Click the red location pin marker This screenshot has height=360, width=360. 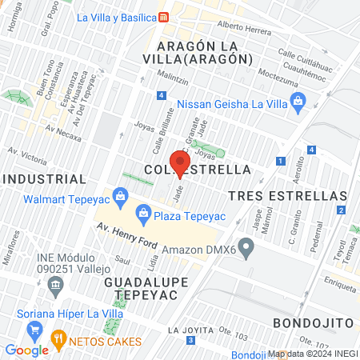[x=180, y=162]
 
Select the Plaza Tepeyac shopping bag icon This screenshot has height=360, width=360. [x=143, y=211]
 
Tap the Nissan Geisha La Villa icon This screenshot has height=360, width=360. [x=298, y=102]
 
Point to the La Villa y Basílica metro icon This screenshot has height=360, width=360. [x=163, y=17]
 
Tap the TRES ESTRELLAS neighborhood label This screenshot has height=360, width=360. [x=287, y=195]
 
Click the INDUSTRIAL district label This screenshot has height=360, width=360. [x=43, y=178]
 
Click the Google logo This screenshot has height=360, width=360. [x=26, y=350]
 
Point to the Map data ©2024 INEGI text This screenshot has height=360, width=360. [x=312, y=354]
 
